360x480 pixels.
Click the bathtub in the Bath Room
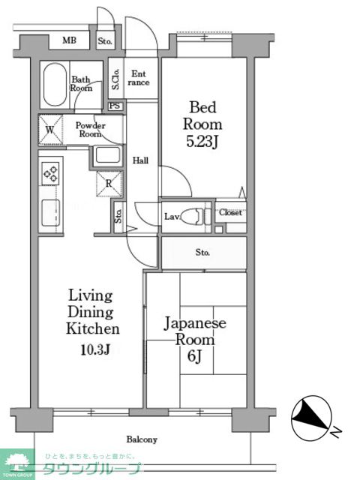coord(55,84)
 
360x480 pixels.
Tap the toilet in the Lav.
coord(195,217)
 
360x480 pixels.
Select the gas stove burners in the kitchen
coord(50,173)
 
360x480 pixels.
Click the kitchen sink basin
coord(51,213)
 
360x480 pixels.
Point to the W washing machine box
coord(50,130)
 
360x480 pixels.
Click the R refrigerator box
coord(109,184)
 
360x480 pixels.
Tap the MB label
coord(70,40)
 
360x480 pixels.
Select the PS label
coord(115,106)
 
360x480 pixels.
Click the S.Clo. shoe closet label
coord(115,79)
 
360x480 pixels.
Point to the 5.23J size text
coord(202,142)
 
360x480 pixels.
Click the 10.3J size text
coord(95,349)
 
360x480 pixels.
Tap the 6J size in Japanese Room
coord(194,356)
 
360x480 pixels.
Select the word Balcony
coord(142,439)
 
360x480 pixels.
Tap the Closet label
coord(230,212)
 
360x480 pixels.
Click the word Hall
coord(140,160)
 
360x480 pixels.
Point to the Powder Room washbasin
coord(107,155)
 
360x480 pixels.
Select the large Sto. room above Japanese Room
coord(204,253)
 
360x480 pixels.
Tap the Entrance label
coord(139,78)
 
